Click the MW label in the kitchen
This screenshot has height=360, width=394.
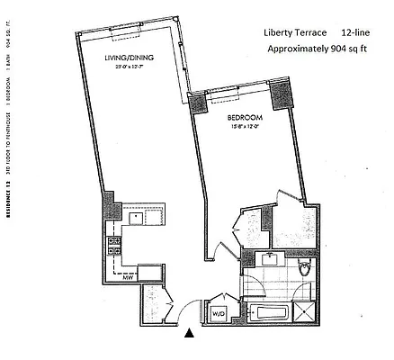coord(115,277)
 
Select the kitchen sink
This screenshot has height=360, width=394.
coord(138,217)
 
